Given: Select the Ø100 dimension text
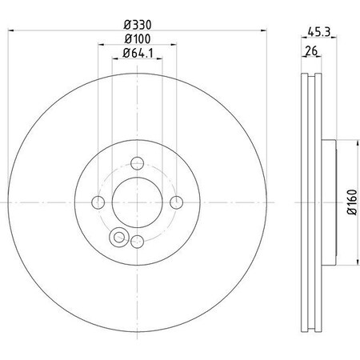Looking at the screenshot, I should [138, 40].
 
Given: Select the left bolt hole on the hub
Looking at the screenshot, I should [99, 202].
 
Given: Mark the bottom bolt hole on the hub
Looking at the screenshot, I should [138, 240].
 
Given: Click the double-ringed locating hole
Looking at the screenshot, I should [120, 237].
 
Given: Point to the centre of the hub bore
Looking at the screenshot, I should [138, 202].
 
